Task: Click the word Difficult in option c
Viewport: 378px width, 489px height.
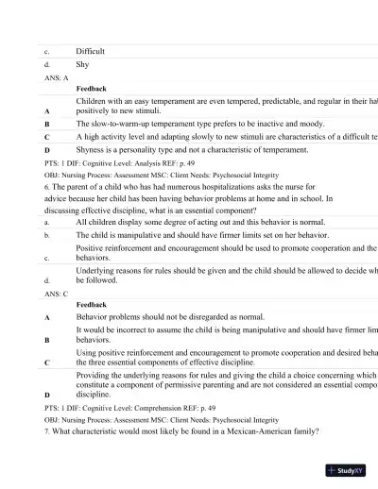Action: (91, 51)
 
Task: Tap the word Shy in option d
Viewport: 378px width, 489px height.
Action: (82, 65)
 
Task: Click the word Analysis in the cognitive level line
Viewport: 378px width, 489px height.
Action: (157, 162)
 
